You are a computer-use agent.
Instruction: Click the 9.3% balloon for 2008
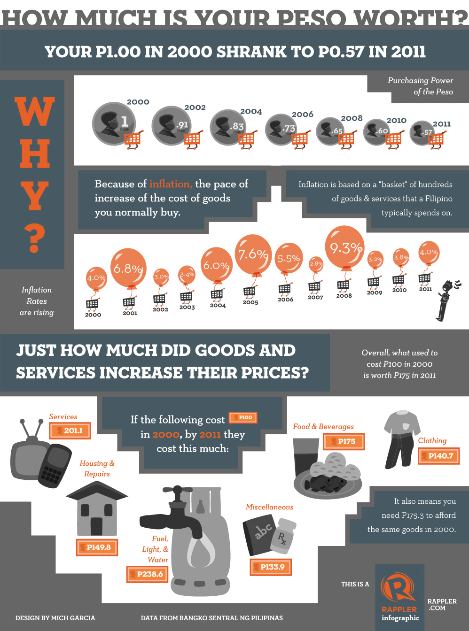coord(345,247)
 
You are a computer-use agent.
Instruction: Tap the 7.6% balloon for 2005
coord(253,254)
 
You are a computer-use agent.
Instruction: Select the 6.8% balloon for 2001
coord(128,268)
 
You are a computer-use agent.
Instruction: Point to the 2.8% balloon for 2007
coord(316,264)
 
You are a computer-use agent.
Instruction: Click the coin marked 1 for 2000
coord(113,124)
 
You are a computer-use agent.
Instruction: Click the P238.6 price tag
coord(147,574)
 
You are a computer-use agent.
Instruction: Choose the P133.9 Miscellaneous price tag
coord(270,567)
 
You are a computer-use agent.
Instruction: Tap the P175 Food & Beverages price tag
coord(344,441)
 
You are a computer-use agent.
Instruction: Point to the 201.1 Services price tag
coord(70,430)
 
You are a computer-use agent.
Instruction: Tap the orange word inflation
coord(170,184)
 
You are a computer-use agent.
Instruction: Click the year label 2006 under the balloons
coord(285,300)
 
